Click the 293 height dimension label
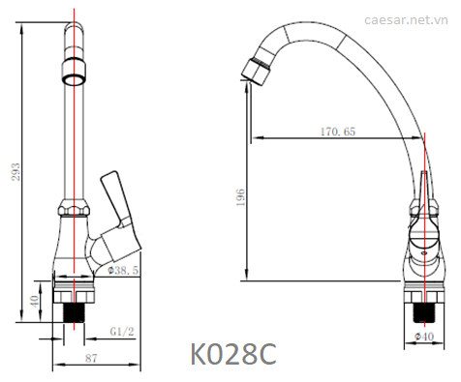(x=16, y=172)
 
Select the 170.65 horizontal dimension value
(x=338, y=132)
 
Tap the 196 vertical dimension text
(x=240, y=197)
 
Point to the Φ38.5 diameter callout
(x=123, y=270)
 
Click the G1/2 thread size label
(x=122, y=332)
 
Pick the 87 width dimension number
(x=91, y=358)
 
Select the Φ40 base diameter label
(x=424, y=337)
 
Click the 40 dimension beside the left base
(x=34, y=301)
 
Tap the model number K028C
(x=233, y=354)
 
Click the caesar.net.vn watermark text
(x=406, y=20)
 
